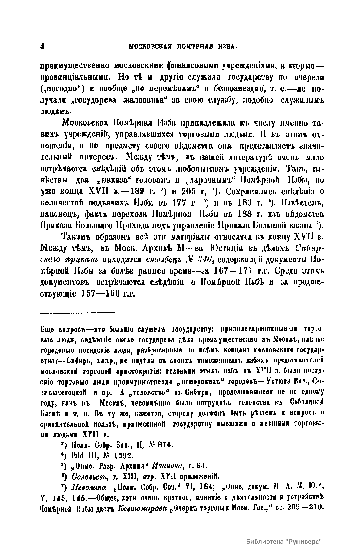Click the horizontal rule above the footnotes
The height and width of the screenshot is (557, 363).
[x=77, y=312]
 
